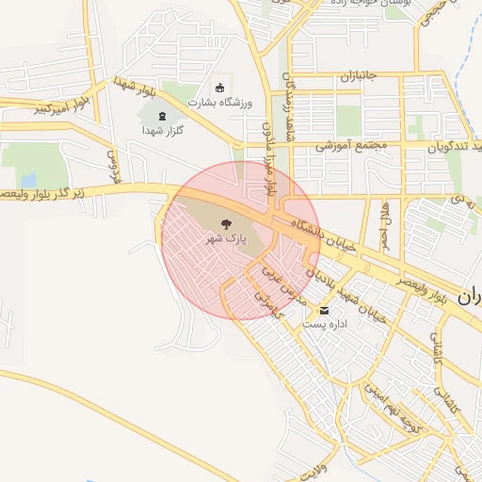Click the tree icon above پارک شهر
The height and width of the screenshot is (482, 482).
pos(226,224)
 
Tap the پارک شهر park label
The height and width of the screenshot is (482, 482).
pos(226,240)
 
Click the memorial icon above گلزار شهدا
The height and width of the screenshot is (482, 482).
pos(159,116)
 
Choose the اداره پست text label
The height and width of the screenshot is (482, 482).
pos(325,324)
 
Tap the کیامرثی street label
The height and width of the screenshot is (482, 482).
pos(266,299)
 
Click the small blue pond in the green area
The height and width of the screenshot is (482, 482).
pos(28,179)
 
